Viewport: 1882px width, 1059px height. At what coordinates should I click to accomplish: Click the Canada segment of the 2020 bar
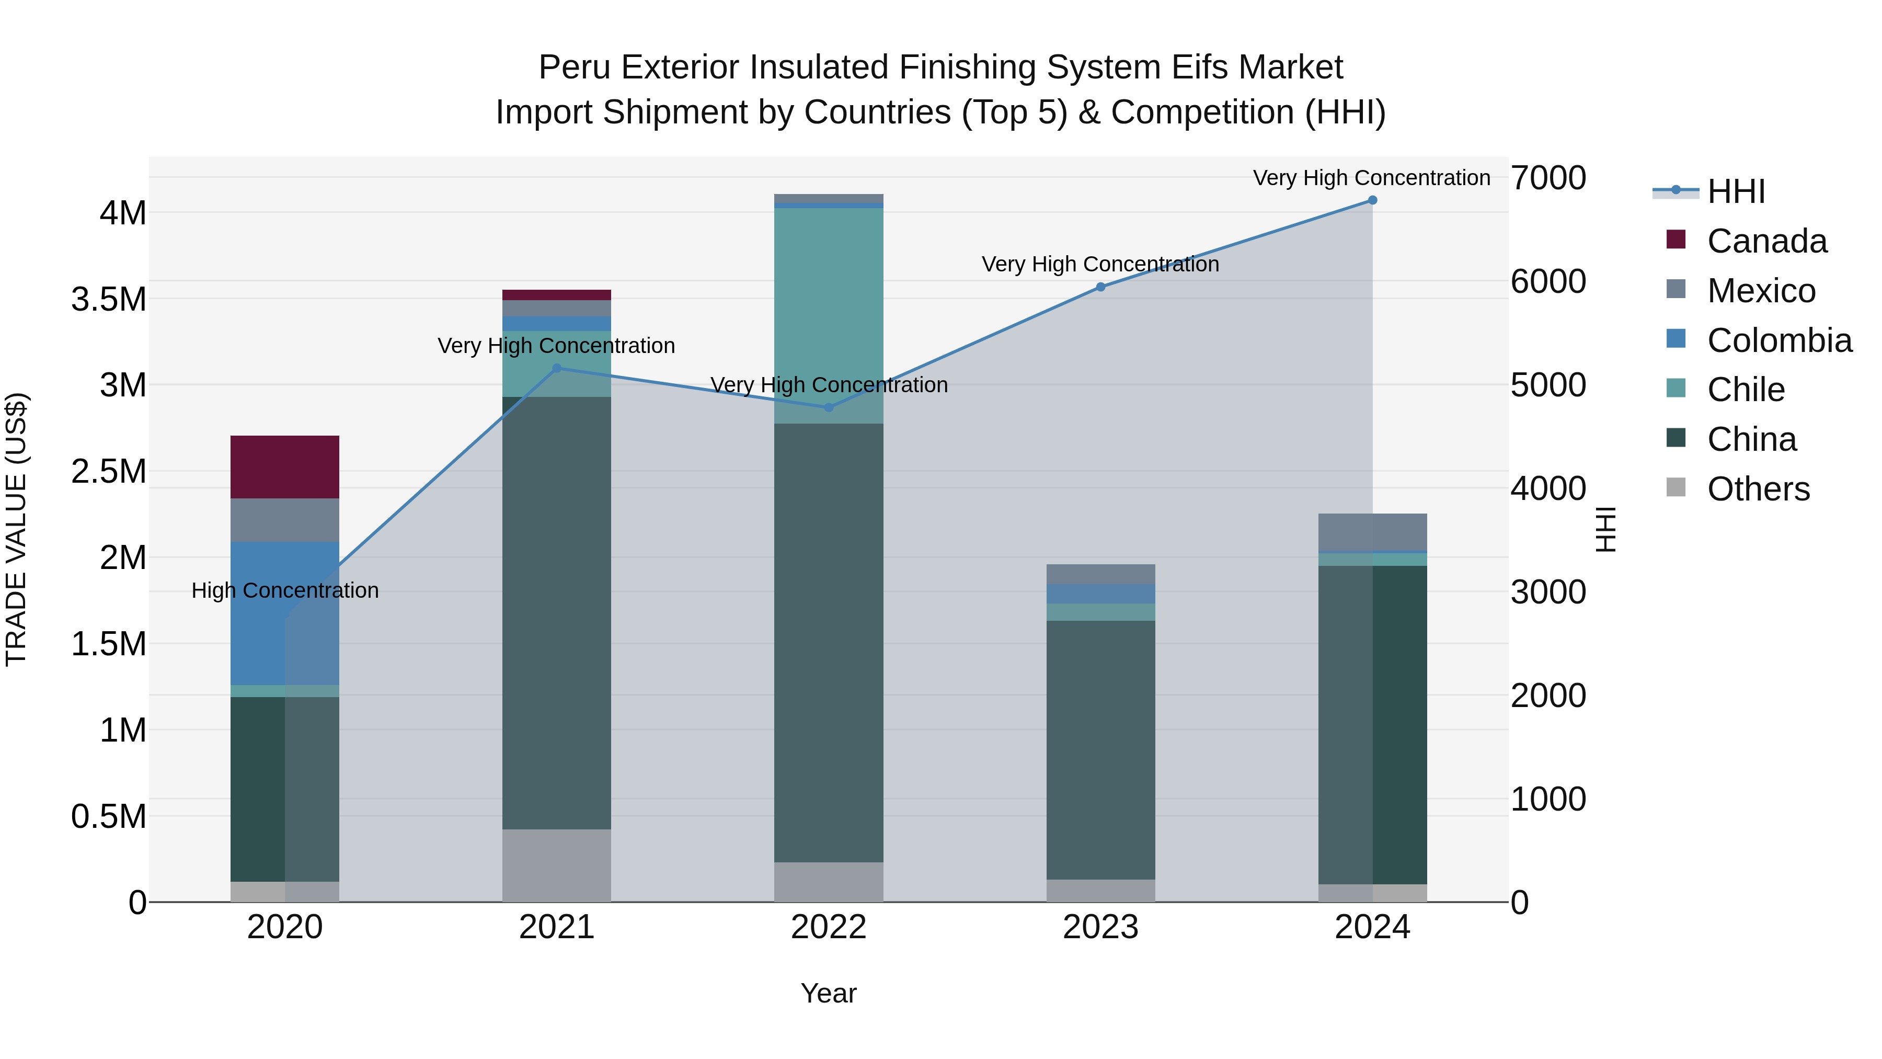click(284, 466)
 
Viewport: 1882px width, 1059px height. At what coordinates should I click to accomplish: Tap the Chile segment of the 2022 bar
click(829, 314)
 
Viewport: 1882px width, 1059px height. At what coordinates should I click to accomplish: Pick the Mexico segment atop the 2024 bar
click(1372, 531)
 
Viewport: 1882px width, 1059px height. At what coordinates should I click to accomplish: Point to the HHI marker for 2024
click(1372, 200)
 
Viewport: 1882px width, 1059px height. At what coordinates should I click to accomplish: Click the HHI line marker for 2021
click(556, 368)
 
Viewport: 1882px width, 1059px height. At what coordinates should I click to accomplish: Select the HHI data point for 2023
click(1100, 287)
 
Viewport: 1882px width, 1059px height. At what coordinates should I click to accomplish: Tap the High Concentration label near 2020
click(285, 590)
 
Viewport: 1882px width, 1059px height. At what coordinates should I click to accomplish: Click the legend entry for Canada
click(1766, 241)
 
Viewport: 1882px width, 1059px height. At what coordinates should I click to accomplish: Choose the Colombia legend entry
click(1779, 340)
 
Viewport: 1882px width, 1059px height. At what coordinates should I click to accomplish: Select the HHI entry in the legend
click(1736, 191)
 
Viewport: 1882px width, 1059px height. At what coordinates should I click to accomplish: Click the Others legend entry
click(1758, 489)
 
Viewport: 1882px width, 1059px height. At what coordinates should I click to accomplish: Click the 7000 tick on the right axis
click(1548, 178)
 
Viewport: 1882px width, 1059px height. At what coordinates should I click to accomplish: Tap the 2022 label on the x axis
click(829, 927)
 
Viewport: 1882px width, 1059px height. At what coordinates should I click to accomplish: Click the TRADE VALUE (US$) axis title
click(16, 529)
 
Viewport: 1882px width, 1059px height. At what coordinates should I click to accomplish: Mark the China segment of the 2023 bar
click(1100, 749)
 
